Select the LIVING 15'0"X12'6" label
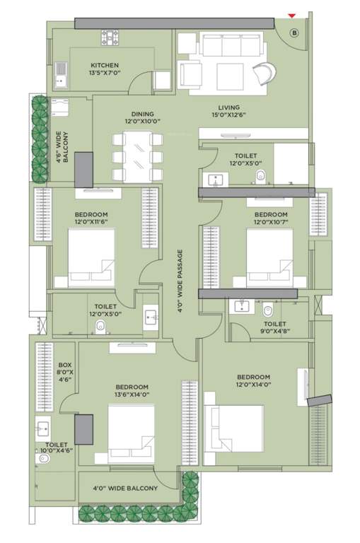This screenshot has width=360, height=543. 229,112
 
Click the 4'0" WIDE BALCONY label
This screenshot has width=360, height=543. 125,488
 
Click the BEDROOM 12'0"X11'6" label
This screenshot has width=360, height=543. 91,219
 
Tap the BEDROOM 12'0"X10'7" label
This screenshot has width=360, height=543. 271,219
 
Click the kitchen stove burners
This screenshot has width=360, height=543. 112,36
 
